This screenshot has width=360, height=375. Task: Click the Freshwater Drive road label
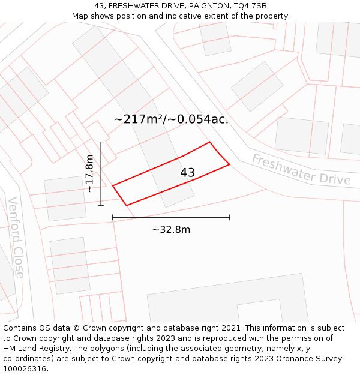[x=301, y=170]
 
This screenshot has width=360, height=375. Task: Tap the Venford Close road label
[x=16, y=238]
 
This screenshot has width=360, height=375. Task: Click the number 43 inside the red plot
[x=187, y=173]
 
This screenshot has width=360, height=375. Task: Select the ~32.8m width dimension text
[x=171, y=230]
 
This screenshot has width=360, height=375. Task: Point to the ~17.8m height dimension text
[x=89, y=173]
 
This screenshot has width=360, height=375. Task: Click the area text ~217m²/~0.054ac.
[x=171, y=119]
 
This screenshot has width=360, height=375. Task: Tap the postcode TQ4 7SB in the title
[x=250, y=6]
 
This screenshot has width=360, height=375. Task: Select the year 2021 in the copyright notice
[x=230, y=328]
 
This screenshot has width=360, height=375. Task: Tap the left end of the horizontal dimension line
[x=113, y=217]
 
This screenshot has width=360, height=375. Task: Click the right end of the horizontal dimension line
[x=230, y=217]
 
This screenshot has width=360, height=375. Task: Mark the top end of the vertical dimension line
[x=101, y=142]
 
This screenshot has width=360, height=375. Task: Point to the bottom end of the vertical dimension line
[x=101, y=206]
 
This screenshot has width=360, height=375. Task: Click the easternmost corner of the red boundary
[x=230, y=164]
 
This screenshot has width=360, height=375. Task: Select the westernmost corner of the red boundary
[x=113, y=185]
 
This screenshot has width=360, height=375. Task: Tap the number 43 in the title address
[x=99, y=6]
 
